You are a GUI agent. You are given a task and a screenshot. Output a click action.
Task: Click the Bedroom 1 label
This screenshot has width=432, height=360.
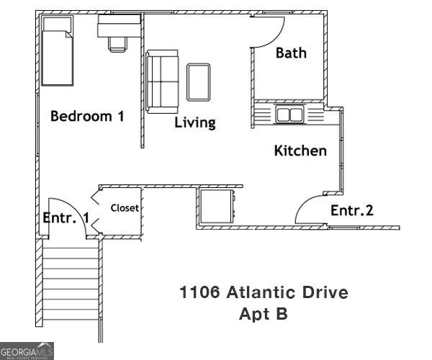pyautogui.click(x=86, y=116)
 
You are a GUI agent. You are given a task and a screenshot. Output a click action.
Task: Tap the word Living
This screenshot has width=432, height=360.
pyautogui.click(x=195, y=122)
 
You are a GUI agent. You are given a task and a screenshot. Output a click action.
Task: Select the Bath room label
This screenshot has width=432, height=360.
pyautogui.click(x=291, y=53)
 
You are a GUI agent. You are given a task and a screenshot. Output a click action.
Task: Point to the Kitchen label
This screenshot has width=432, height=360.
pyautogui.click(x=300, y=151)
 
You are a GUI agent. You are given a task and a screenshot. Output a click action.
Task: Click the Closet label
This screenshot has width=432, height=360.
pyautogui.click(x=125, y=208)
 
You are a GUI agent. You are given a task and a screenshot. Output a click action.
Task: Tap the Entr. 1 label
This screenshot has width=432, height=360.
pyautogui.click(x=66, y=217)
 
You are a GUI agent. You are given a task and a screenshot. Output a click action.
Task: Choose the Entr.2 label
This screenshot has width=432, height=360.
pyautogui.click(x=352, y=210)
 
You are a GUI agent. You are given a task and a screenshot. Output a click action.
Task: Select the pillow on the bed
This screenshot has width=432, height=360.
pyautogui.click(x=56, y=29)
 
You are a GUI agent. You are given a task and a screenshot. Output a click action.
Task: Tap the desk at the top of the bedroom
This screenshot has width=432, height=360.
pyautogui.click(x=120, y=27)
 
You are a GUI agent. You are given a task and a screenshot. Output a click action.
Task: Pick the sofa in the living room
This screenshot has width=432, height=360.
pyautogui.click(x=163, y=81)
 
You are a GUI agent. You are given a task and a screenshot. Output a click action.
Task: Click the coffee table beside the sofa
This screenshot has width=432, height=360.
pyautogui.click(x=199, y=81)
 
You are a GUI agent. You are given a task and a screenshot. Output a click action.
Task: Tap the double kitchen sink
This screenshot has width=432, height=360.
pyautogui.click(x=290, y=114)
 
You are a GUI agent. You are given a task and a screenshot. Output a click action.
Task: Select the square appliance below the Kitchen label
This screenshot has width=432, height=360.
pyautogui.click(x=217, y=207)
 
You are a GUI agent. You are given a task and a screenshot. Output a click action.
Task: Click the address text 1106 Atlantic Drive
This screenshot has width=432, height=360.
pyautogui.click(x=264, y=293)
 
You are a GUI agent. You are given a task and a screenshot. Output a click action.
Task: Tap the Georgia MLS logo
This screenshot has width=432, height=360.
pyautogui.click(x=27, y=352)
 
